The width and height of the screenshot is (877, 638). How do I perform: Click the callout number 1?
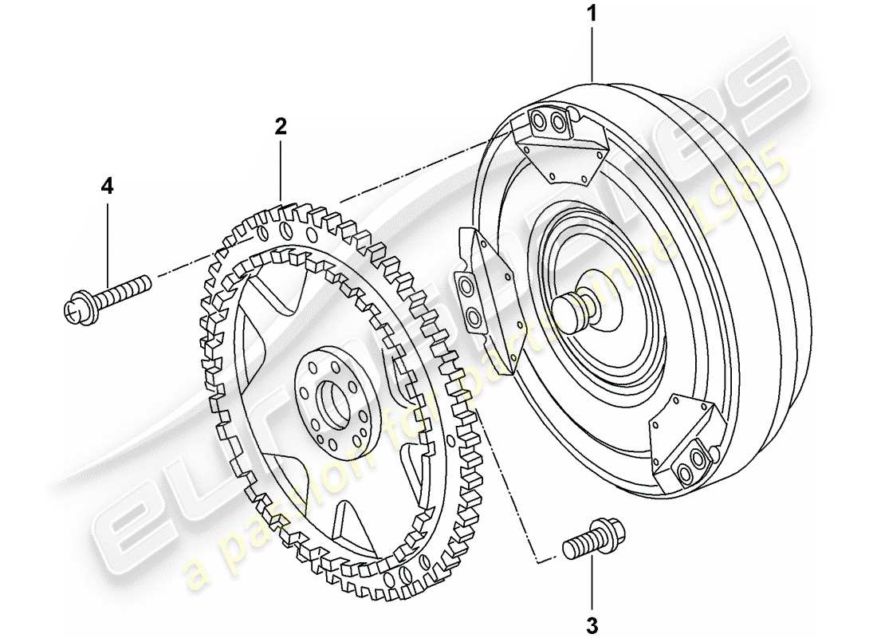point(591,15)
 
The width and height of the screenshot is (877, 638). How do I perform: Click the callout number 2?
point(280,125)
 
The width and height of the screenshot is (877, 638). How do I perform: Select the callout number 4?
point(107,186)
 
